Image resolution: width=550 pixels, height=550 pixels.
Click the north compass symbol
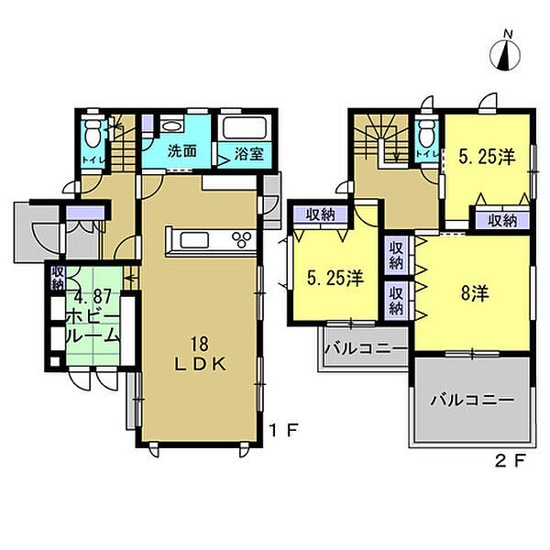tap(505, 52)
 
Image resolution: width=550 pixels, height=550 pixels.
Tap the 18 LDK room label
tap(200, 354)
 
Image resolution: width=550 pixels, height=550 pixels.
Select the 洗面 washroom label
tap(181, 151)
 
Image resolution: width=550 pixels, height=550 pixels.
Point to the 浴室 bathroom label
tap(248, 154)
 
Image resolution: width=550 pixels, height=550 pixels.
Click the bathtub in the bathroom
tap(245, 127)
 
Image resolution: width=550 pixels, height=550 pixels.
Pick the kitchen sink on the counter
tap(194, 240)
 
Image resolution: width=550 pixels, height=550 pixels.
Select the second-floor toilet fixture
tap(426, 134)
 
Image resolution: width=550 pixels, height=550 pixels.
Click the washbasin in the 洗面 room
tap(171, 126)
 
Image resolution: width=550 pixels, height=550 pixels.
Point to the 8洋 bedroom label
tap(475, 293)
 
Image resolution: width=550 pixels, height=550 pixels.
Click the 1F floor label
tap(284, 430)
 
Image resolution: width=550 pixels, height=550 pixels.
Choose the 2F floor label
tap(511, 461)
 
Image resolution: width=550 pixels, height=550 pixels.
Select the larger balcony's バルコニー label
tap(472, 400)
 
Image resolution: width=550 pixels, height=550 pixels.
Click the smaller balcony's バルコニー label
tap(366, 348)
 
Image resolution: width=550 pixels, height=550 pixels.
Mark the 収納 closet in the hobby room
tap(57, 278)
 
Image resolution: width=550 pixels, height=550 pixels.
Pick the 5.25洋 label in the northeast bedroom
tap(488, 157)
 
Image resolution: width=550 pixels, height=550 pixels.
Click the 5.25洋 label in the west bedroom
tap(335, 279)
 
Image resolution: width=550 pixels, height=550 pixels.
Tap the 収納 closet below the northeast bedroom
tap(502, 221)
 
